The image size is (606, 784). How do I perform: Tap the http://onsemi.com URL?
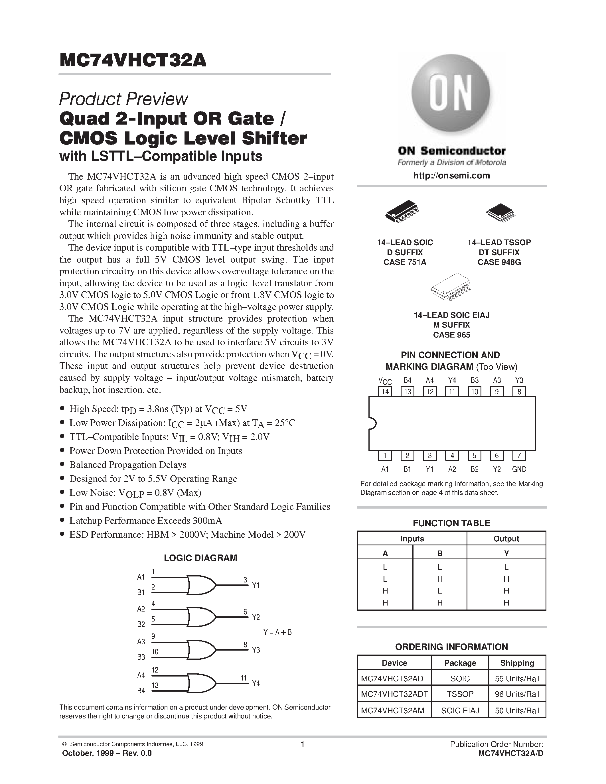click(x=451, y=176)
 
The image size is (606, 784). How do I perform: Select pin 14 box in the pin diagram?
click(x=385, y=391)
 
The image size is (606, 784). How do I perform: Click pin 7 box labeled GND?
click(x=519, y=456)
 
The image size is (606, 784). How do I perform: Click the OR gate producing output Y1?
click(x=201, y=585)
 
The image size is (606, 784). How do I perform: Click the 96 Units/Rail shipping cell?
click(x=517, y=694)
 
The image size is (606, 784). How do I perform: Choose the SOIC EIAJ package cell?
click(x=460, y=710)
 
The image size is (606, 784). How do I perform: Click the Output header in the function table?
click(x=506, y=539)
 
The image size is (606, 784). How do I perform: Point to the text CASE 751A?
click(x=405, y=262)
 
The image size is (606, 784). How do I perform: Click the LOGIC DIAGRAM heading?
click(x=200, y=558)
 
